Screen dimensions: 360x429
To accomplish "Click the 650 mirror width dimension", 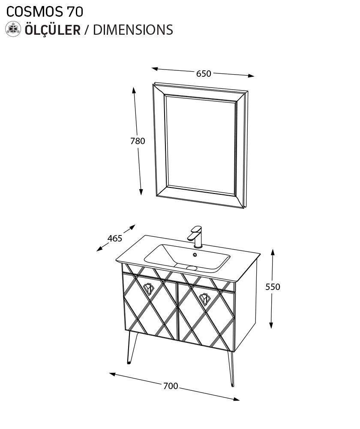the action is pos(204,74).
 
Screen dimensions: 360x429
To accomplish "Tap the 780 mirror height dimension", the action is pos(138,141).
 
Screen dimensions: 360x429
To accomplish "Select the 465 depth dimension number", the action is pos(115,239).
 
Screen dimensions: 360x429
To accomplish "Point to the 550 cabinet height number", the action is pos(273,287).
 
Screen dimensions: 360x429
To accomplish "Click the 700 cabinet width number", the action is pos(171,386).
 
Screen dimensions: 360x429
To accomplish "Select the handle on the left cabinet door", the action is pos(148,289).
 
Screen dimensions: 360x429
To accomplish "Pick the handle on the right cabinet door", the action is pos(204,299).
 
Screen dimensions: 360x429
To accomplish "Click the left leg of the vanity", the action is pos(132,348).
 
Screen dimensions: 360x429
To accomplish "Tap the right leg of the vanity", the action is pos(231,368).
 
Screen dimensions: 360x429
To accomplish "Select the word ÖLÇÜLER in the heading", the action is pos(53,29).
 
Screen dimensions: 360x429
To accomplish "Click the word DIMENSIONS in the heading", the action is pos(133,30).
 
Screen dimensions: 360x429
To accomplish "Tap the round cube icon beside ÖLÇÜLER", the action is pos(13,29).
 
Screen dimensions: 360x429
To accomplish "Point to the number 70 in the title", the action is pos(75,12).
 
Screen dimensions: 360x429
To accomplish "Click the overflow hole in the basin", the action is pos(195,255).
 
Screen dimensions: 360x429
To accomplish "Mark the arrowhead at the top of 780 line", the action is pos(134,90).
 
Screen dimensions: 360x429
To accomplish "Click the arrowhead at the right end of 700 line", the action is pos(237,399).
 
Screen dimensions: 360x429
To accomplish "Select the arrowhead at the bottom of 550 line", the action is pos(271,325).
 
